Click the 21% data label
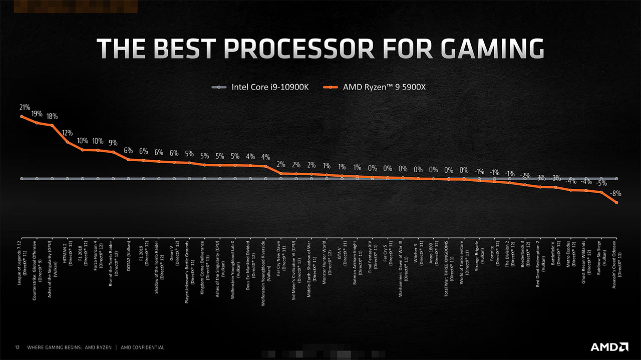coord(25,107)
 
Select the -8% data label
coord(616,193)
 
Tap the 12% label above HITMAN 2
coord(68,133)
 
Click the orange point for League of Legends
coord(22,116)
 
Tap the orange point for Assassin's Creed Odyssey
coord(616,203)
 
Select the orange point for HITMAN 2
coord(68,142)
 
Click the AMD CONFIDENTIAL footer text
coord(143,347)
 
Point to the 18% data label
coord(52,116)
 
